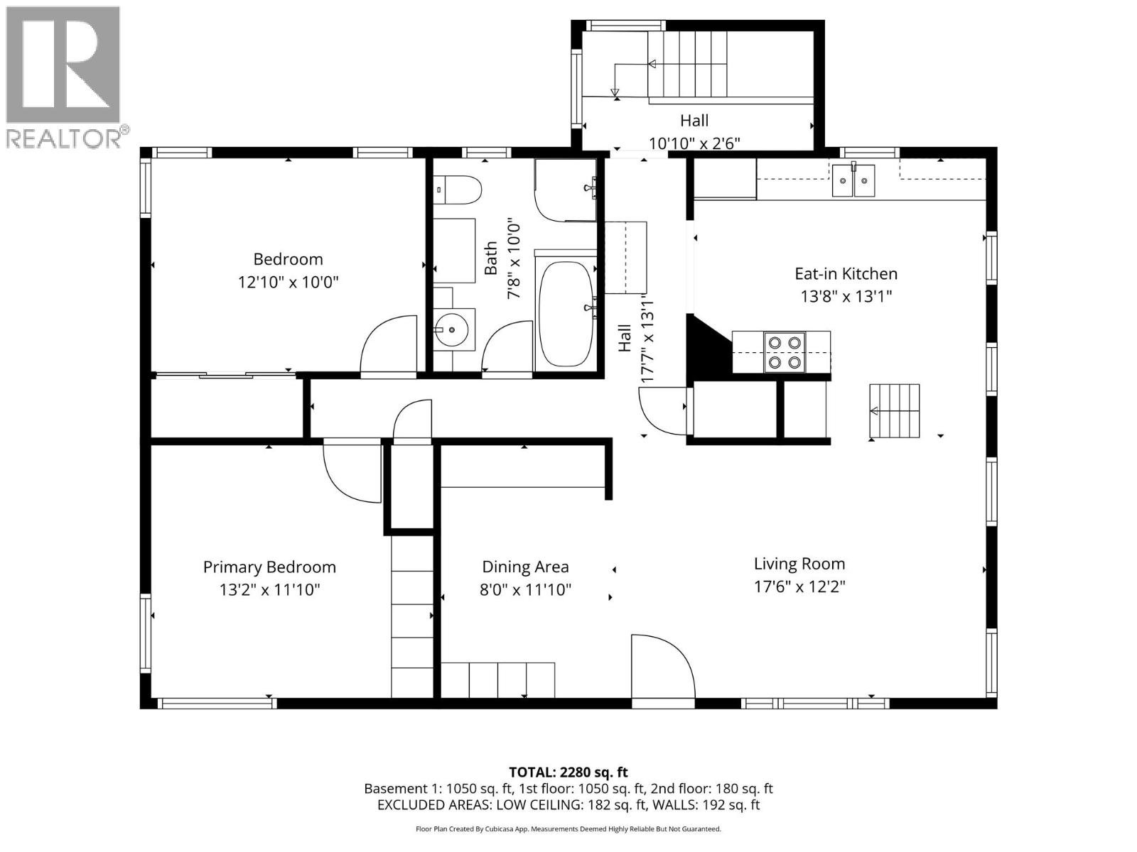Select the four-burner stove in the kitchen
[x=785, y=353]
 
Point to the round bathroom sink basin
[x=453, y=329]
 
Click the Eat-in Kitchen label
[x=846, y=273]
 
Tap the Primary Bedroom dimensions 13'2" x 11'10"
[x=269, y=589]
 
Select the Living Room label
[x=799, y=564]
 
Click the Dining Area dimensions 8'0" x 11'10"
[x=525, y=589]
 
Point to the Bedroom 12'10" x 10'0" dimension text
[x=288, y=282]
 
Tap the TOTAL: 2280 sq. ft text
[x=568, y=772]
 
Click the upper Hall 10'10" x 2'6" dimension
[x=694, y=143]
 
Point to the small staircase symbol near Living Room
[x=895, y=411]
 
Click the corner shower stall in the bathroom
[x=566, y=190]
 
